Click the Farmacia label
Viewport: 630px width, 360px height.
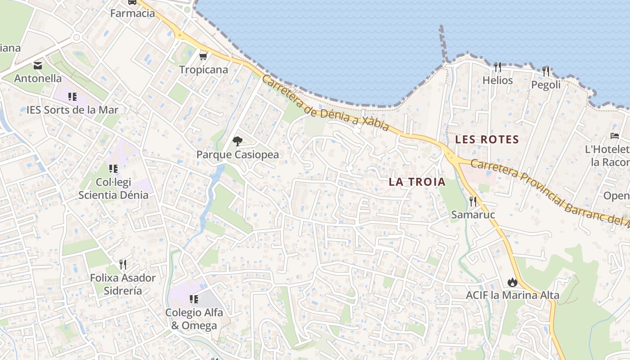(133, 13)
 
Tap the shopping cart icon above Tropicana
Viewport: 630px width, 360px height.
(203, 56)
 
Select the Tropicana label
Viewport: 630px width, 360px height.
(203, 70)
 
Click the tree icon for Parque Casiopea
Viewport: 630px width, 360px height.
(237, 141)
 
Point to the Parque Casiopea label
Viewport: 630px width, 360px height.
(238, 155)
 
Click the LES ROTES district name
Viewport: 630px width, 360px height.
(487, 139)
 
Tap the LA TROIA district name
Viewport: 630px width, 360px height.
(417, 182)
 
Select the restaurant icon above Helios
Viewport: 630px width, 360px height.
(497, 67)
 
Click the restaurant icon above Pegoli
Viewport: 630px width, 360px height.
(546, 71)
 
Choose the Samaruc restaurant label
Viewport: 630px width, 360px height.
(473, 215)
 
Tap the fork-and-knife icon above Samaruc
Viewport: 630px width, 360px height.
(472, 201)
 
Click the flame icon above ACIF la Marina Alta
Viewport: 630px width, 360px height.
(512, 282)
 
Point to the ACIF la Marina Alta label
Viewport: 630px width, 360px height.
(513, 295)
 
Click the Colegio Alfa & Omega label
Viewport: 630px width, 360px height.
(194, 319)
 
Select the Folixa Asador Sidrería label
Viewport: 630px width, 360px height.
(123, 284)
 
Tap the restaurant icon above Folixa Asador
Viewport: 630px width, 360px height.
(123, 264)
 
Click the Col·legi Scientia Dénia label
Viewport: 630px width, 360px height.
(113, 189)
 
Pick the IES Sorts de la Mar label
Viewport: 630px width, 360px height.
(72, 110)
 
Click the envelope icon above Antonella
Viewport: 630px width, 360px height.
(38, 66)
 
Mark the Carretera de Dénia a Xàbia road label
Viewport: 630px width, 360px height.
(324, 103)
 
